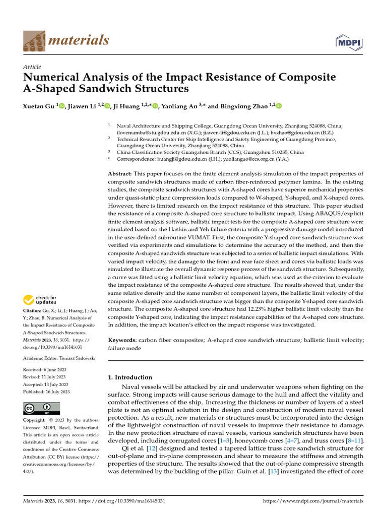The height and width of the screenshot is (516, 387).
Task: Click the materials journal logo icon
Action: point(34,40)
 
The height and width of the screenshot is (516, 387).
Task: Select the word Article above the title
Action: point(32,67)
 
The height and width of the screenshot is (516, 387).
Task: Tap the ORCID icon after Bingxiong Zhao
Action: point(279,106)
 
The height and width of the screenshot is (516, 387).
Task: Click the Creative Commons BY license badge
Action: point(41,408)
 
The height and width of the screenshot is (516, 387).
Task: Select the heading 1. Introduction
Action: point(131,377)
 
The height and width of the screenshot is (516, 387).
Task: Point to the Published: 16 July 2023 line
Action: point(47,392)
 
